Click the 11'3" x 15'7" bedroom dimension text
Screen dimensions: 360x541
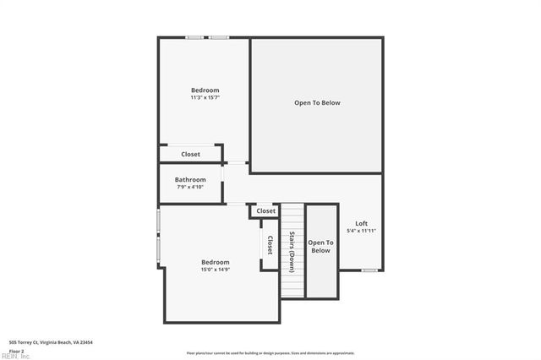coord(205,98)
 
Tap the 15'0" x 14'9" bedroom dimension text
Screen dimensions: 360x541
coord(215,270)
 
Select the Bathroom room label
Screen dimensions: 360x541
coord(190,179)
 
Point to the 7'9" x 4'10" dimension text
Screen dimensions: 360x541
coord(190,187)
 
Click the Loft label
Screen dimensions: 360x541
coord(361,223)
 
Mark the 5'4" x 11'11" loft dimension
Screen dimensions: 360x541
coord(361,231)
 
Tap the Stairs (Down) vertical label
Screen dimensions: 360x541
coord(292,251)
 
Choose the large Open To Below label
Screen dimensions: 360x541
coord(317,103)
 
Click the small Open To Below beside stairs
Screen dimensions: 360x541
coord(320,247)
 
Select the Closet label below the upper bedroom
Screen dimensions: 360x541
coord(190,155)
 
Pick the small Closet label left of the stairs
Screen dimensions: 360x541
coord(265,210)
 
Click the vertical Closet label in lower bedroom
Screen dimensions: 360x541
coord(270,245)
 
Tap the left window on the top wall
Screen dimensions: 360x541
coord(194,37)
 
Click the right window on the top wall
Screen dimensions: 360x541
coord(219,37)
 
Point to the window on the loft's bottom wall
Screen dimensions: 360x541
coord(369,270)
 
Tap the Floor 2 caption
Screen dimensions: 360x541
coord(17,350)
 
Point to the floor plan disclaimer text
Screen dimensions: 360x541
coord(270,353)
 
